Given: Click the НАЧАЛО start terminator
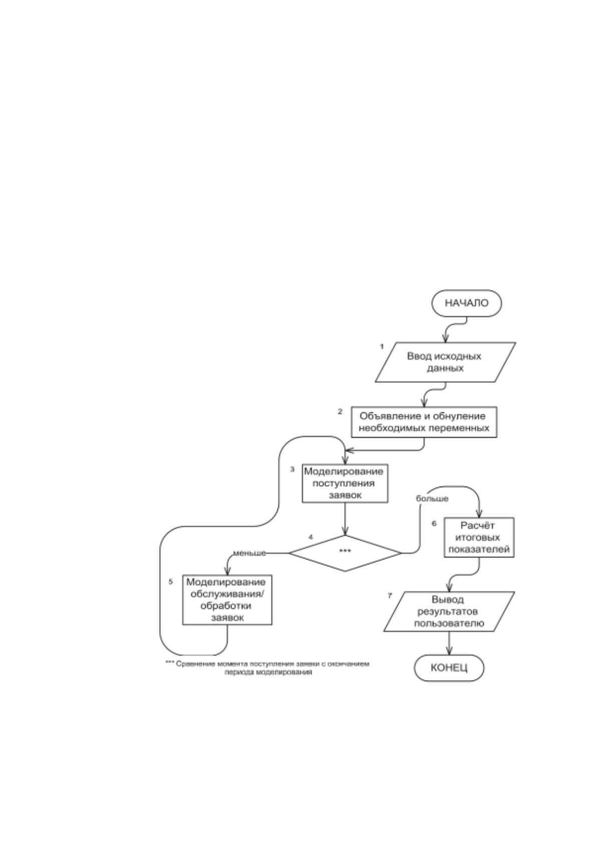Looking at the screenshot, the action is coord(466,303).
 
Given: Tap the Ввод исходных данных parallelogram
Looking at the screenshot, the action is coord(445,362).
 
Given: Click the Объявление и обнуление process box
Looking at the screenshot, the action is coord(424,422).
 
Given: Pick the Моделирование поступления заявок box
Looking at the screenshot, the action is coord(345,483).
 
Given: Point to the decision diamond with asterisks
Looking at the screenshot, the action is coord(345,553).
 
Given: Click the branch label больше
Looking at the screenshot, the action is coord(432,499).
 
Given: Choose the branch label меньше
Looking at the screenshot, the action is coord(249,553).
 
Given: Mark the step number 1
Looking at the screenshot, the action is coord(382,346).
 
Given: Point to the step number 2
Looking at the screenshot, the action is coord(340,411).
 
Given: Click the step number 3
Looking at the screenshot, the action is coord(292,470).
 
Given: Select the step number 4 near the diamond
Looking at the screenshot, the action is coord(311,537).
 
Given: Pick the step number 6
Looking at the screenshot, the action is coord(434,523).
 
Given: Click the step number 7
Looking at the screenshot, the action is coord(390,596).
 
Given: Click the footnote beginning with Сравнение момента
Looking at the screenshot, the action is coord(267,668).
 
